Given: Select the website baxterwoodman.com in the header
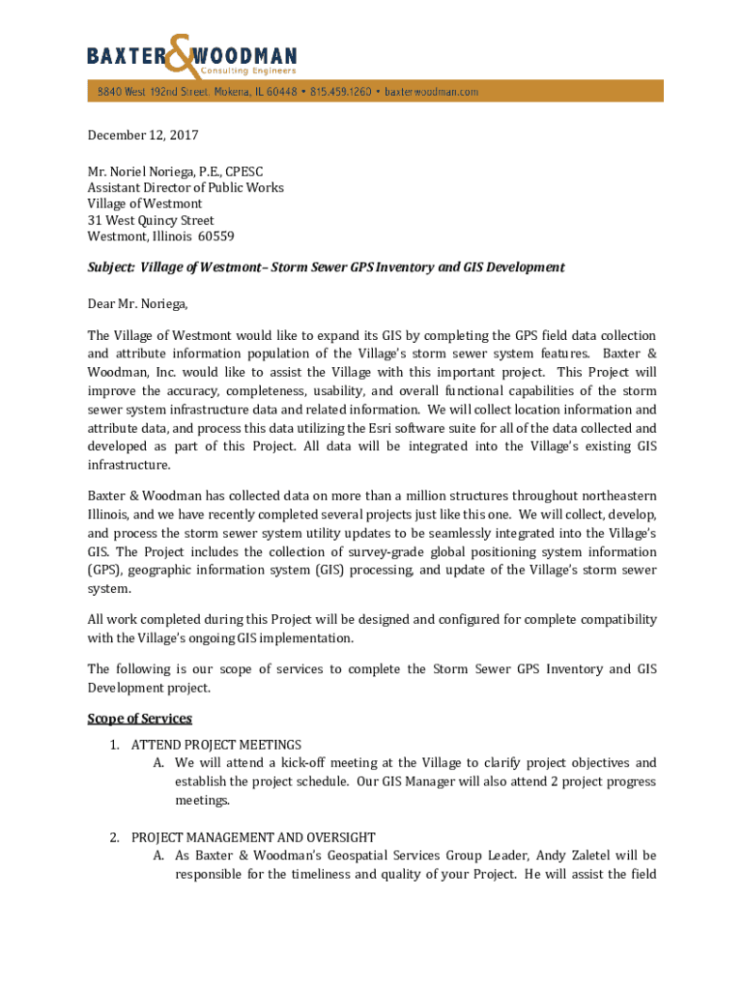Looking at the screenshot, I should [x=431, y=92].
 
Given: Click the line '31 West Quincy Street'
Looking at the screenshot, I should [x=151, y=220].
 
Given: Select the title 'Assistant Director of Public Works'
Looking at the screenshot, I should [x=186, y=187].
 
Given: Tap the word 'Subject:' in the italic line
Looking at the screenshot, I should [x=111, y=268].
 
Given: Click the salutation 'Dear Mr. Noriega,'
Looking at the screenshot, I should [x=138, y=304].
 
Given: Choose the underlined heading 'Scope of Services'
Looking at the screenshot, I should [x=140, y=719].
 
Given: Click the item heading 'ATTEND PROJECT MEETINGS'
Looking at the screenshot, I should [x=216, y=745].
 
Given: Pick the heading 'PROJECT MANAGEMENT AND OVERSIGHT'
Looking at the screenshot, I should [x=253, y=837].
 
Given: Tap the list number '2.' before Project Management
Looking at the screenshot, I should [x=115, y=837].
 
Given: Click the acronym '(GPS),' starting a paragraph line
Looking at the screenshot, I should [x=109, y=571].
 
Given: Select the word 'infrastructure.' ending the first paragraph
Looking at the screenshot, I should [x=130, y=465].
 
